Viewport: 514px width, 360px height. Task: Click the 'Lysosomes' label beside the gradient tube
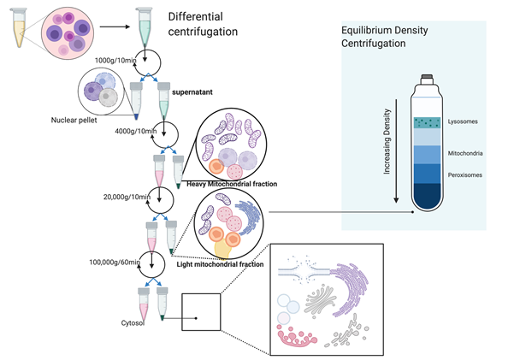[x=461, y=122]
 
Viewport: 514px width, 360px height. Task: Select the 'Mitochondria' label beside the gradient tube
[x=464, y=155]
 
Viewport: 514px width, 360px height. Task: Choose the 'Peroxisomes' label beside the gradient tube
[x=464, y=174]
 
